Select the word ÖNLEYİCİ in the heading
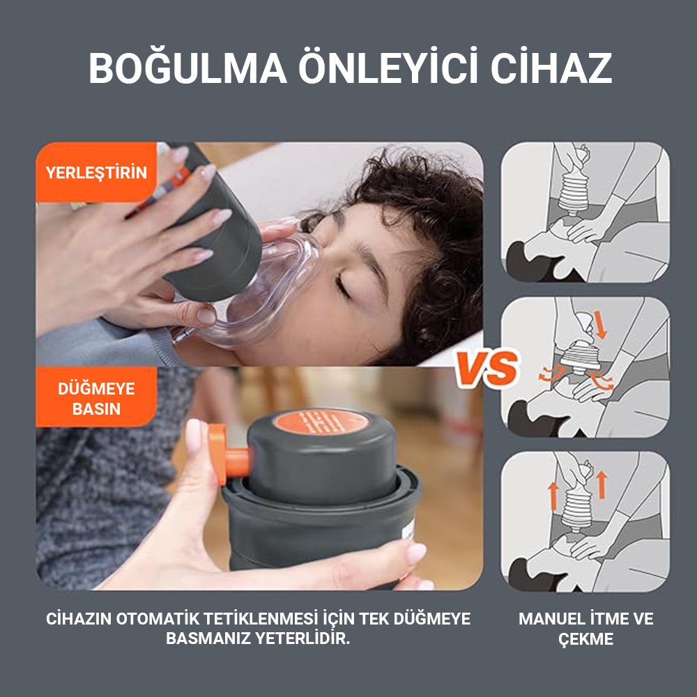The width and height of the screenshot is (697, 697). coord(378,68)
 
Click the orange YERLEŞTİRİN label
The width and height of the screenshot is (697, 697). coord(96,172)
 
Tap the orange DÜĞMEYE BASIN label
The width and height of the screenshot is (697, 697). coord(96,398)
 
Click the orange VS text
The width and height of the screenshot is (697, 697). coord(487,369)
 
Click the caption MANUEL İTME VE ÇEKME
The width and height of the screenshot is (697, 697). coord(585,628)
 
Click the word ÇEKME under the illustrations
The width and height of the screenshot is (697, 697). coord(585,639)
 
